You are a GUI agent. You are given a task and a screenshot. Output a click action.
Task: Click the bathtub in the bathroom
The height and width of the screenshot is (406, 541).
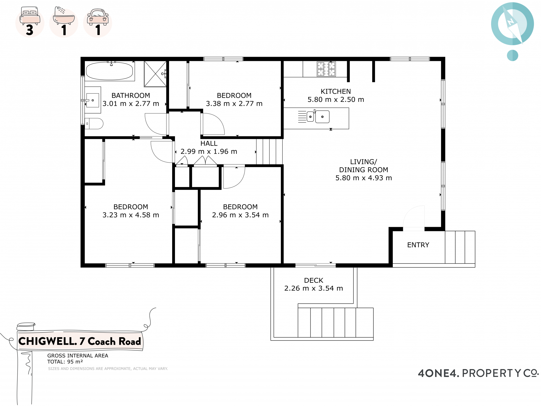coord(109,71)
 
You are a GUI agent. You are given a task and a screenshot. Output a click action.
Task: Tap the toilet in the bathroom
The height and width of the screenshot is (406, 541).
coord(94,124)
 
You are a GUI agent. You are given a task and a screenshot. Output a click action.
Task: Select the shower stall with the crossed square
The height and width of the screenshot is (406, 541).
coord(155,74)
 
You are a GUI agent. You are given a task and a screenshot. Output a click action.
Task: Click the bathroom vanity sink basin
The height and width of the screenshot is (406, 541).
coord(93,100)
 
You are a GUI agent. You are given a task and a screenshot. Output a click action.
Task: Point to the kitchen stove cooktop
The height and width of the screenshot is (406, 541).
coord(326,69)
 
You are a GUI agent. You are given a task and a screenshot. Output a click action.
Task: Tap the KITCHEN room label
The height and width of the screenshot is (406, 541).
coord(336,91)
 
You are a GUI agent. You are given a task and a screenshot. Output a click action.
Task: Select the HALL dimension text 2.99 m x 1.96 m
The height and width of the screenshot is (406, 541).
coord(209,152)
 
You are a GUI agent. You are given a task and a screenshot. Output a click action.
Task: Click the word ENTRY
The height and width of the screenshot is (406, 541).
coord(418,245)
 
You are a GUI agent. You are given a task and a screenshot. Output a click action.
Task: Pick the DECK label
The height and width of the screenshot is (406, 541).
coord(314,280)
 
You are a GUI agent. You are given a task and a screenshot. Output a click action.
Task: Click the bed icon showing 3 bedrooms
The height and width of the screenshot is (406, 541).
coord(30,22)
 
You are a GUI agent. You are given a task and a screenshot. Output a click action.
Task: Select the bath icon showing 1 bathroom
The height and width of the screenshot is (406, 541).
coord(64,22)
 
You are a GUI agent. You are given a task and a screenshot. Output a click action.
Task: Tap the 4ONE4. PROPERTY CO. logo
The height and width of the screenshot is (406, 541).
coord(478,373)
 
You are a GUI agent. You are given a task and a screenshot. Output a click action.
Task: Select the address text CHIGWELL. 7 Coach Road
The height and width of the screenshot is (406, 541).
coord(80,341)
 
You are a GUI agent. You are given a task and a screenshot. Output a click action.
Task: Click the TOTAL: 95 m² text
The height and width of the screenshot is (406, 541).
coord(65,362)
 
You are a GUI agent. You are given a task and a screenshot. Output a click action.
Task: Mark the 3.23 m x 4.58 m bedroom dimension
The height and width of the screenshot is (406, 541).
coord(131,215)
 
